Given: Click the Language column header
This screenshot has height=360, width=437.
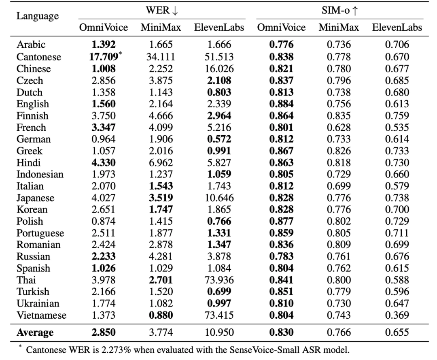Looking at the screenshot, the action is [38, 16].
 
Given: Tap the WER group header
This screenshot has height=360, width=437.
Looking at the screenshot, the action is [162, 11].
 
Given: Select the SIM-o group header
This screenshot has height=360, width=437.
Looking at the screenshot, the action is [340, 11].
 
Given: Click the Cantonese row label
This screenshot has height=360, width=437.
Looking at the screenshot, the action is [39, 57].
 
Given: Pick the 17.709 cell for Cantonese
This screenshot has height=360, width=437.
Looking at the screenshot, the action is [104, 57].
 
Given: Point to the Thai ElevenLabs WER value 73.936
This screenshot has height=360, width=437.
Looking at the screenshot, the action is [219, 280].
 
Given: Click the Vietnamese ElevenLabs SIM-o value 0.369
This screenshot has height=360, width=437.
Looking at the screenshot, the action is [397, 315].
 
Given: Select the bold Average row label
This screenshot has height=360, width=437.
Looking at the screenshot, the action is [35, 332].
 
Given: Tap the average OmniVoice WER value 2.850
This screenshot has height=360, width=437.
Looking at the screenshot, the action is [104, 332].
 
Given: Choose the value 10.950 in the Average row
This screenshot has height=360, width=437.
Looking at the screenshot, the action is [219, 332].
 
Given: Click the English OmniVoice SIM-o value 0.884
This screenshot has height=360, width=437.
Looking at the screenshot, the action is [282, 104].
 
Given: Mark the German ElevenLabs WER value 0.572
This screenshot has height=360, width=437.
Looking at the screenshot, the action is [219, 139].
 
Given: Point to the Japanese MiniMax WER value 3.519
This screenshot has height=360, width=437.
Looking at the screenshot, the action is [161, 198].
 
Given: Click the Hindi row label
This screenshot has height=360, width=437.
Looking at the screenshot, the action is [28, 162].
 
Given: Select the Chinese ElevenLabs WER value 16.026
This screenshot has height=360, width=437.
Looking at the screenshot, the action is [219, 68].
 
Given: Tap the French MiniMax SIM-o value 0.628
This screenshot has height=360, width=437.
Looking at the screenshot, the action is [339, 128].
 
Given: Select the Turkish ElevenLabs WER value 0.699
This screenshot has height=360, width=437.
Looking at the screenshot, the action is [219, 292].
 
